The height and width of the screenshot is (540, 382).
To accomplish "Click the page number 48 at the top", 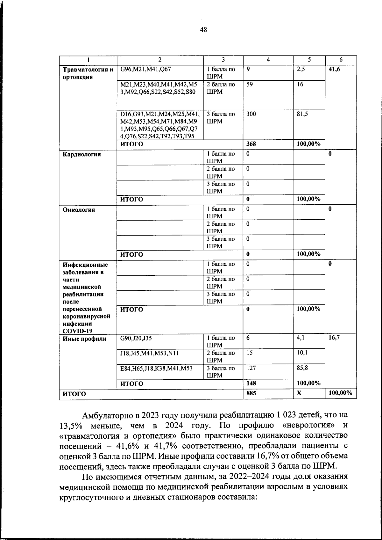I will tap(203, 30).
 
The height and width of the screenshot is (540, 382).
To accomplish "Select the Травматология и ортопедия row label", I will tap(88, 73).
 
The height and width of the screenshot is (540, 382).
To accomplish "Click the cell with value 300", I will tap(251, 114).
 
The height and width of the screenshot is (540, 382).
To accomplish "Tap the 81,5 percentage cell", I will tap(302, 114).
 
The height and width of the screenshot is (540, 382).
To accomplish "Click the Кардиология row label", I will tap(82, 155).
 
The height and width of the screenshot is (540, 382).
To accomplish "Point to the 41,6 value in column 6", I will tap(334, 69).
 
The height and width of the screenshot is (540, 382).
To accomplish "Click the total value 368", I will tap(251, 144).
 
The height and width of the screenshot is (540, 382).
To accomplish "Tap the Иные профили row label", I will tap(84, 339).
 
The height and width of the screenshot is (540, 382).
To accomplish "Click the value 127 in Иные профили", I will tap(251, 368).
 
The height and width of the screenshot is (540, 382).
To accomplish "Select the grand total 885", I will tap(251, 393).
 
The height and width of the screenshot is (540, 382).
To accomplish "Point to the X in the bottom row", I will tap(299, 393).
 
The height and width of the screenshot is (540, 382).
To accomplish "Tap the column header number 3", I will tap(223, 60).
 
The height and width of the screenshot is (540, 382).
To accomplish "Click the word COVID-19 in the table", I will tap(77, 331).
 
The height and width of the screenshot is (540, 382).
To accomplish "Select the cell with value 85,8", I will tap(302, 368).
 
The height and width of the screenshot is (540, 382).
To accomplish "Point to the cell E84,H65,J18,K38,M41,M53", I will tap(156, 368).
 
